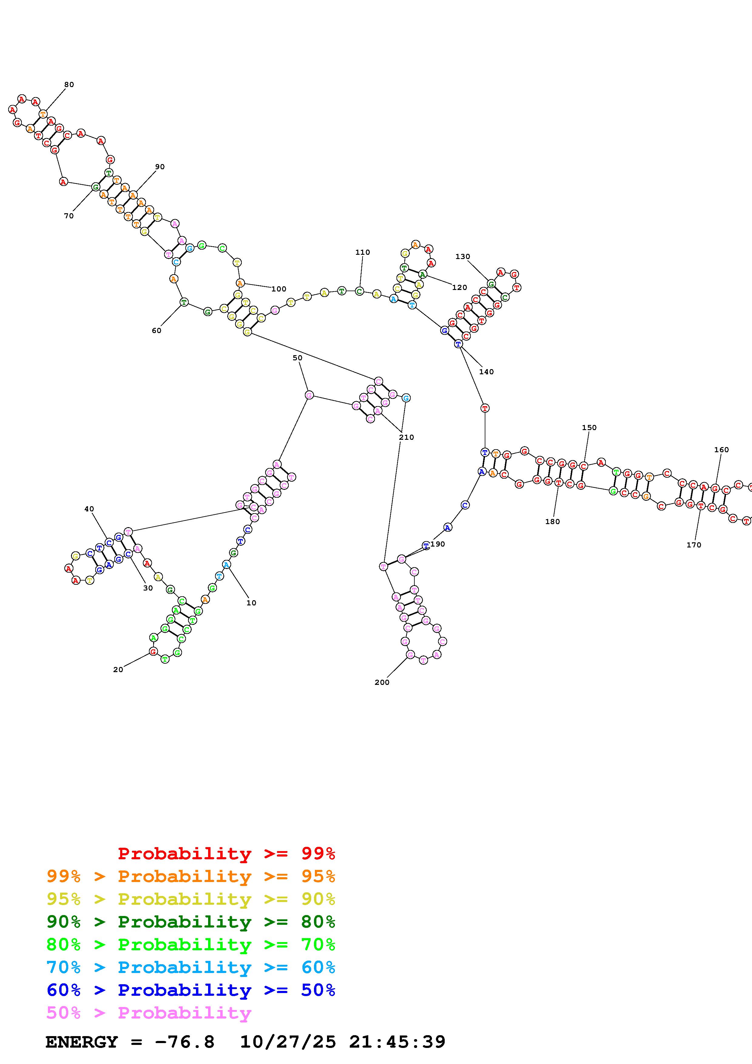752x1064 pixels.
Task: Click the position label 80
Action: (x=69, y=84)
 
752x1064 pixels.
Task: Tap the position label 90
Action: (x=160, y=167)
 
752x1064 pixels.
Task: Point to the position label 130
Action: (x=462, y=256)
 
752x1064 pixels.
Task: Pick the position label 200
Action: (x=382, y=682)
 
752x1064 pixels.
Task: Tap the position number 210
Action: (x=406, y=437)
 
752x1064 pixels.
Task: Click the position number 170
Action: (x=694, y=545)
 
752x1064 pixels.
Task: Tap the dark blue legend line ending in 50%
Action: (x=191, y=990)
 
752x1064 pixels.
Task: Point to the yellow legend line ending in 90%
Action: (x=191, y=899)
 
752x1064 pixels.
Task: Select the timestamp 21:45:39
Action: (x=397, y=1042)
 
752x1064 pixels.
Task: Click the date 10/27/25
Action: (x=288, y=1042)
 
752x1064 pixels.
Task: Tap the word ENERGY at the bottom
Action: (x=82, y=1042)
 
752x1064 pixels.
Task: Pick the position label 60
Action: (x=157, y=330)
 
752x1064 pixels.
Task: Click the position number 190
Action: (x=437, y=544)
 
